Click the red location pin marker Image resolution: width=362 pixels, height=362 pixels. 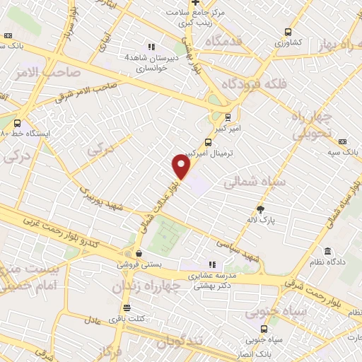click(x=182, y=167)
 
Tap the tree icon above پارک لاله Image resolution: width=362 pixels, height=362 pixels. click(x=260, y=209)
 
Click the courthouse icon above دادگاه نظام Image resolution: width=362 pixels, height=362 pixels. click(x=327, y=251)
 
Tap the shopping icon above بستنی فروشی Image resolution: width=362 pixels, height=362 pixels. click(x=139, y=253)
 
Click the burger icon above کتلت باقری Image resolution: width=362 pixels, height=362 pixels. click(x=127, y=308)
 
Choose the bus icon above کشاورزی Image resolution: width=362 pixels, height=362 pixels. click(x=288, y=32)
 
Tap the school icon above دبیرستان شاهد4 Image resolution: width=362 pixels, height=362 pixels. click(x=151, y=47)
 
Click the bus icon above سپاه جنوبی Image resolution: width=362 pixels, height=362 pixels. click(x=264, y=329)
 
